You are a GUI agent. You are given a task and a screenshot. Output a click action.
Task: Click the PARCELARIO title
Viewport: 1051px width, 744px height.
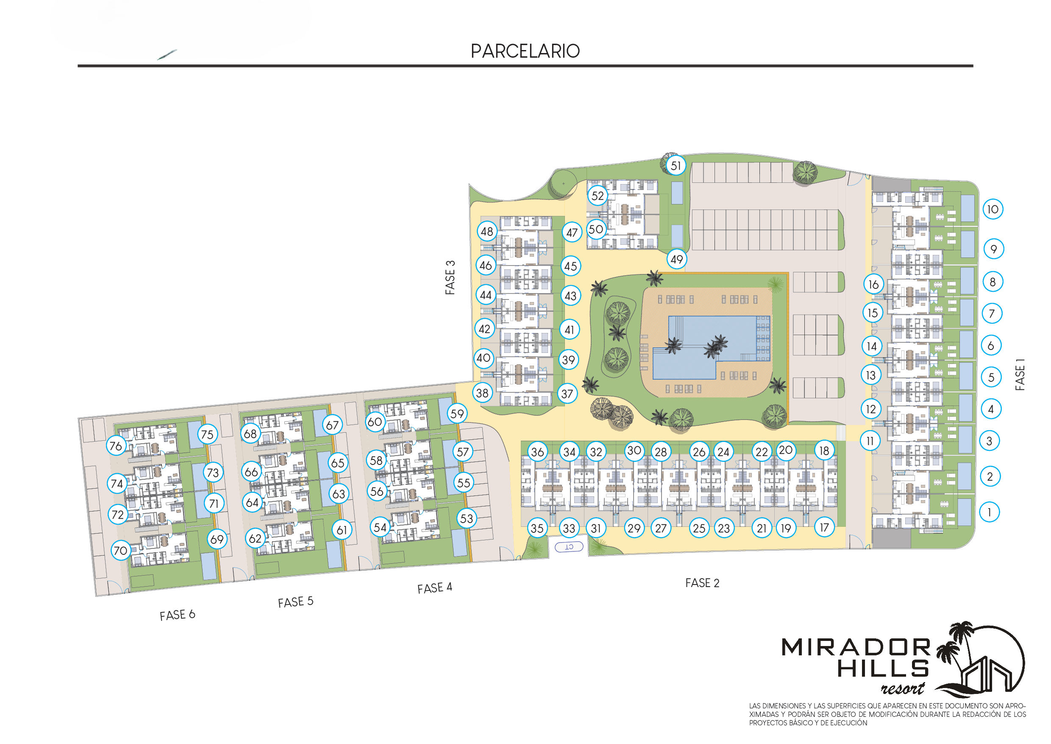coord(525,51)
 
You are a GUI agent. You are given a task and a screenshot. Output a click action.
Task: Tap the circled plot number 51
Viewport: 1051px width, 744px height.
coord(676,165)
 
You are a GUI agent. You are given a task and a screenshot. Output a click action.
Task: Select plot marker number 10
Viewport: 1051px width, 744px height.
coord(993,210)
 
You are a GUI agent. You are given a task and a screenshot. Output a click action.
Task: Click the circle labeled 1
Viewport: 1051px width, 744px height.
coord(989,512)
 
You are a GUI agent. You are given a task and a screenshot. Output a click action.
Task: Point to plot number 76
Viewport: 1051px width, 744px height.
coord(116,446)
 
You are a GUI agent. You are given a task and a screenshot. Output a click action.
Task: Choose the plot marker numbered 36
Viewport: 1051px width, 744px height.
coord(537,452)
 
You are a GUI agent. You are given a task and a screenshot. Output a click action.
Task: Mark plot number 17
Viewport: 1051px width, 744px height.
coord(824,528)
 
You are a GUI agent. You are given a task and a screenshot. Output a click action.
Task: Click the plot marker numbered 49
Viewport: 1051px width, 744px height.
coord(676,259)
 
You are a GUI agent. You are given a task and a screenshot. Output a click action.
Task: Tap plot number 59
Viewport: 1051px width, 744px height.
coord(457,414)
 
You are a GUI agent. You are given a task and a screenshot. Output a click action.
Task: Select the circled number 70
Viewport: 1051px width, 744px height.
coord(120,550)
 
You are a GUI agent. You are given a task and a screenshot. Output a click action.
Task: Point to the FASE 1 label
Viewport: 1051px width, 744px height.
coord(1020,375)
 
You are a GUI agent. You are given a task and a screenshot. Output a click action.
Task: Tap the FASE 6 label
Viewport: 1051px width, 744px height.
coord(178,615)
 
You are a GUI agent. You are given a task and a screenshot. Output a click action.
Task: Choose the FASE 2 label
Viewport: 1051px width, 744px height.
coord(702,583)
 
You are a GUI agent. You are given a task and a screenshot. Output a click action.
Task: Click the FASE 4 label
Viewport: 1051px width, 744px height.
coord(435,588)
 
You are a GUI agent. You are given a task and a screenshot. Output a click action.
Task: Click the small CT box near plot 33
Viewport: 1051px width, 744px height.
coord(569,546)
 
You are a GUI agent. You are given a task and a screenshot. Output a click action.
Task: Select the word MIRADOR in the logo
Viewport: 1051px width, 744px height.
coord(856,648)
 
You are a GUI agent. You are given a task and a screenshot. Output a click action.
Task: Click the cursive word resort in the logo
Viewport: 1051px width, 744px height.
coord(903,688)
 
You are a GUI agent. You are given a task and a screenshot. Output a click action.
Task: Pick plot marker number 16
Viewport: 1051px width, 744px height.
coord(873,284)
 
